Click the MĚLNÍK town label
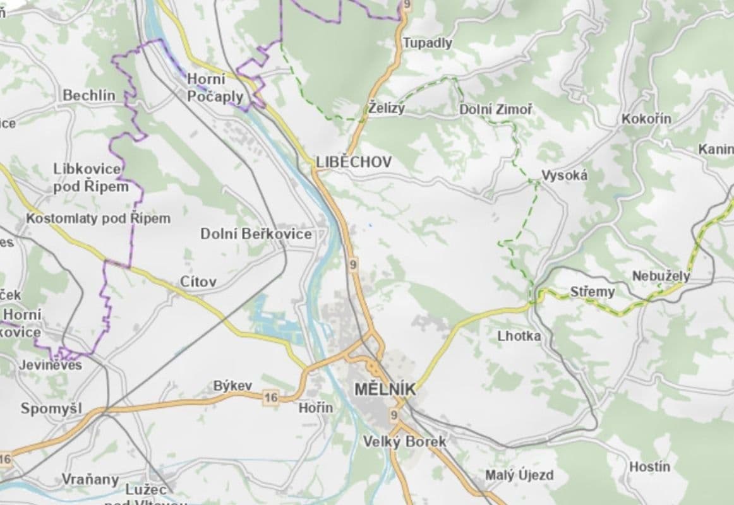tap(385, 390)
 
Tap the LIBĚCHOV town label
tap(354, 162)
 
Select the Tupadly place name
tap(428, 43)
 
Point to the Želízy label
tap(387, 108)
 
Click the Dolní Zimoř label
tap(495, 110)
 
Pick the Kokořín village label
tap(646, 119)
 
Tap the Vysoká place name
tap(564, 175)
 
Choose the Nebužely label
tap(661, 276)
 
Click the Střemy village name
tap(592, 292)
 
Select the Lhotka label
tap(519, 336)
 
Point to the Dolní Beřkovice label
tap(256, 234)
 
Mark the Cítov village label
tap(198, 282)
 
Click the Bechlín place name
tap(89, 95)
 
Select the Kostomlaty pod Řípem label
tap(98, 218)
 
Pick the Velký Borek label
tap(404, 442)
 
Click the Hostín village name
tap(649, 467)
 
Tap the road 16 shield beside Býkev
tap(271, 397)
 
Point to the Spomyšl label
tap(51, 408)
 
